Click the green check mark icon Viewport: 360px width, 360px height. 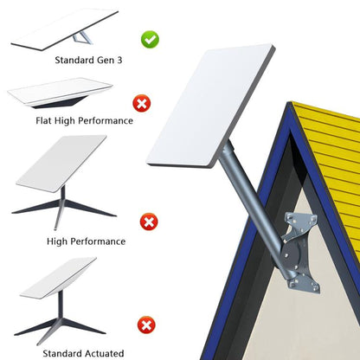[x=149, y=39]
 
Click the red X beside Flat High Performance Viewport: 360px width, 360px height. [x=140, y=104]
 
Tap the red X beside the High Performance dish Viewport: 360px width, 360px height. [x=149, y=222]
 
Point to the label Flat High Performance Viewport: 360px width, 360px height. [x=73, y=120]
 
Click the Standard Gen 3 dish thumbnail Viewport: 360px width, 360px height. [x=65, y=29]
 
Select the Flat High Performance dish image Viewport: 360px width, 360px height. [x=61, y=93]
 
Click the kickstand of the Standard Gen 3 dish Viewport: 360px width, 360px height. [x=82, y=40]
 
